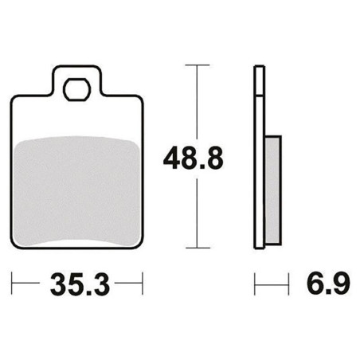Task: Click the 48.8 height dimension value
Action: (x=194, y=158)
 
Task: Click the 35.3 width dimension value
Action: (x=80, y=284)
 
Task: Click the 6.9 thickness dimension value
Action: (x=328, y=283)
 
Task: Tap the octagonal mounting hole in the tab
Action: (x=77, y=90)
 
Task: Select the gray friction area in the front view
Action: (x=76, y=191)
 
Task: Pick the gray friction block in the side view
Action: (x=273, y=190)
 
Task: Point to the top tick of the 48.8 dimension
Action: (x=198, y=65)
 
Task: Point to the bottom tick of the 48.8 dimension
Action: (x=198, y=248)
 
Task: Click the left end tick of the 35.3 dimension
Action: (x=12, y=283)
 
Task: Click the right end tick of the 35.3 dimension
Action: (x=143, y=283)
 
